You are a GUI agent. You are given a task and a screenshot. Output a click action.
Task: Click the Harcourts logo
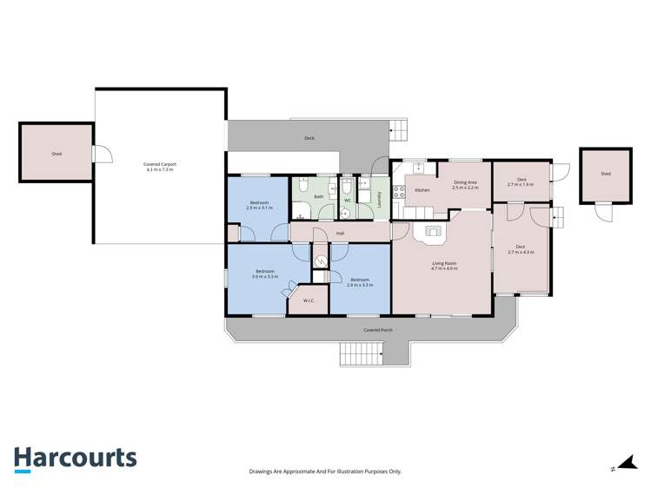coord(75,459)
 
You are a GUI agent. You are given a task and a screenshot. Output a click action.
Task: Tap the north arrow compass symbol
coord(624,465)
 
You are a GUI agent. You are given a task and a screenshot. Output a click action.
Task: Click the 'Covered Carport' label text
coord(160,165)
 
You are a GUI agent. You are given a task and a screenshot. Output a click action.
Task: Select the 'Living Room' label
coord(444,264)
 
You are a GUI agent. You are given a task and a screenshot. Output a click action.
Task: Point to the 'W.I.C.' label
coord(309,301)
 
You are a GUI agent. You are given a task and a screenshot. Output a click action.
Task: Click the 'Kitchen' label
coord(422,190)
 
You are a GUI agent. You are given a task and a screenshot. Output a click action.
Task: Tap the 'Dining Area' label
coord(466,182)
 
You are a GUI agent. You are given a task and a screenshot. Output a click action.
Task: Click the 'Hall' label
coord(341,233)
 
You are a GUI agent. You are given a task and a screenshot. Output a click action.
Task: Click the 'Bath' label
coord(319,197)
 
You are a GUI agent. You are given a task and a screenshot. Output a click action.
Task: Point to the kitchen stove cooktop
coord(400,193)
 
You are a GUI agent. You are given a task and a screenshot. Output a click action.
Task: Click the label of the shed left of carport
coord(56,154)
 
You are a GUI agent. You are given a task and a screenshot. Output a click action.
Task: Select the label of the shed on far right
coord(605,174)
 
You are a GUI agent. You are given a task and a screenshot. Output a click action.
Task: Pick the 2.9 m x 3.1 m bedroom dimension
coord(259,208)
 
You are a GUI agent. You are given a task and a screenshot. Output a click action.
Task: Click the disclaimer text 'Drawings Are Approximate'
coord(325,472)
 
